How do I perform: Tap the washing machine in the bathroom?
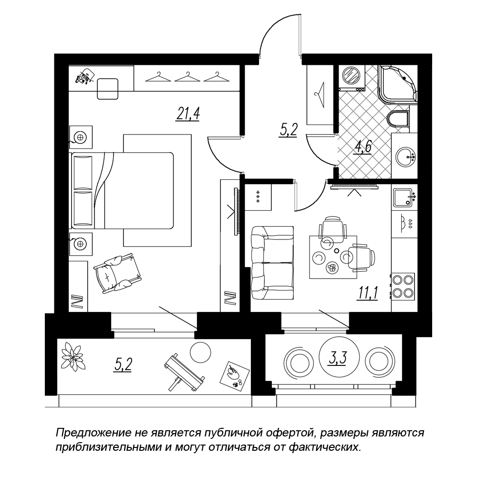[x=352, y=76]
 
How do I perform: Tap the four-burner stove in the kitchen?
[x=403, y=286]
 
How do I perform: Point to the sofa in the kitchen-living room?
[x=271, y=262]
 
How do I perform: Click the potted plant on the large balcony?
[x=73, y=355]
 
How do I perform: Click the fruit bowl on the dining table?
[x=331, y=268]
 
